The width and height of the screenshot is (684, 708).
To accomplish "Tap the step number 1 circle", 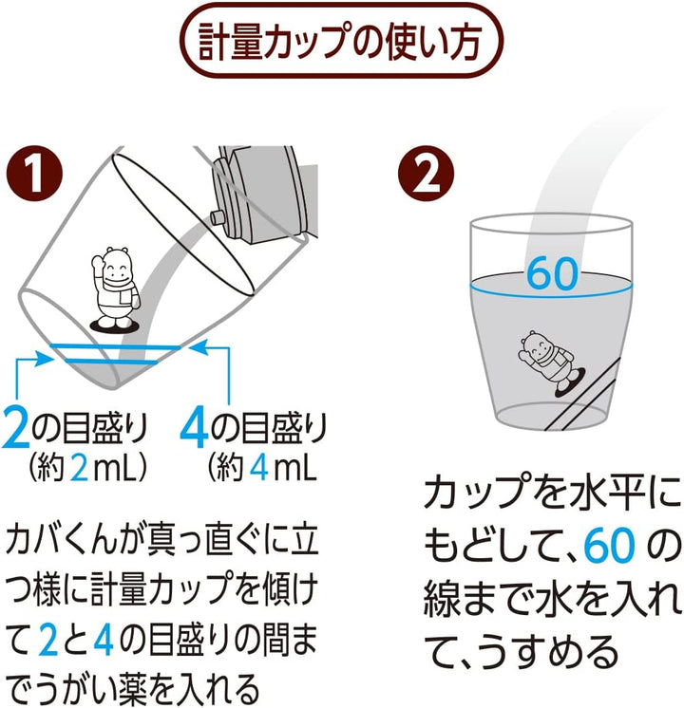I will [x=37, y=175].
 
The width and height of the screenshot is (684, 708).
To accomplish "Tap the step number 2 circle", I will [x=421, y=175].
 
